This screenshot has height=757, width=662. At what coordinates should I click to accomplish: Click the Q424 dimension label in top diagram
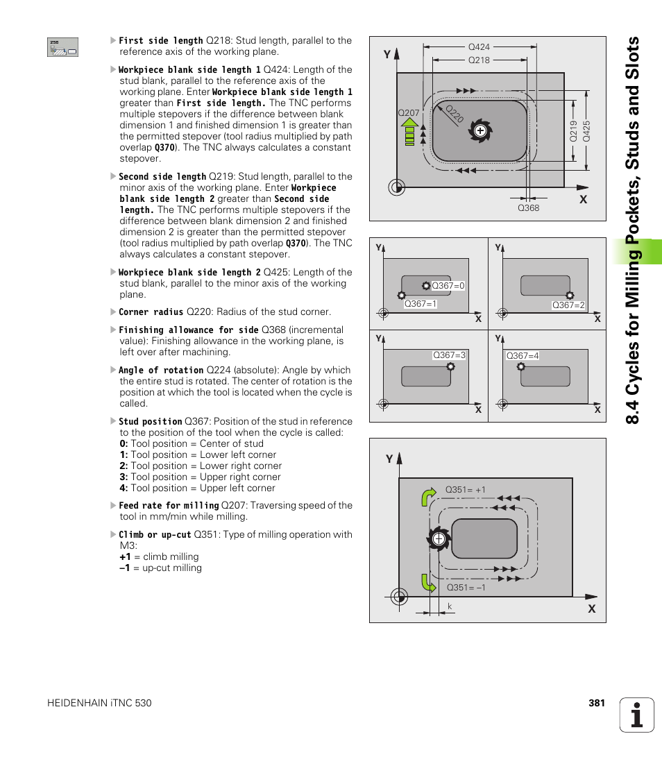tap(479, 47)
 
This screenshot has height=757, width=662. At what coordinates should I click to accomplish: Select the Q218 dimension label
tap(479, 60)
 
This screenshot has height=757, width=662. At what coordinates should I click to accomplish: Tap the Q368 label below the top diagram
tap(528, 208)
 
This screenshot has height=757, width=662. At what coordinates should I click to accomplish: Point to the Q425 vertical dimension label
tap(586, 132)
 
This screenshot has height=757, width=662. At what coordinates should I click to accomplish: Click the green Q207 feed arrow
tap(409, 130)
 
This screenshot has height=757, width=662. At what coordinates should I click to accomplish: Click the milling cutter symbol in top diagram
tap(479, 130)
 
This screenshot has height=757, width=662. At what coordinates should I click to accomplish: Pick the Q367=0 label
tap(448, 286)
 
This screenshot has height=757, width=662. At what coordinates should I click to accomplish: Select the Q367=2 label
tap(568, 305)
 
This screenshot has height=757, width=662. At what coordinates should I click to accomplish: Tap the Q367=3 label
tap(449, 355)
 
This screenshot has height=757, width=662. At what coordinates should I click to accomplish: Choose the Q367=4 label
tap(523, 356)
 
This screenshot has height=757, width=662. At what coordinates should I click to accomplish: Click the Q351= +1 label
tap(465, 490)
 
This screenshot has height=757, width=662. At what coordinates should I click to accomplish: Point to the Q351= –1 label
tap(466, 588)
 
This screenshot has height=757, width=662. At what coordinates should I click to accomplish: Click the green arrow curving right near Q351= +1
tap(429, 497)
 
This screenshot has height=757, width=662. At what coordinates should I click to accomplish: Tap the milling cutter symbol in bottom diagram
tap(438, 539)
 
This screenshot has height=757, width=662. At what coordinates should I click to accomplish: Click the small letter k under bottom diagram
tap(450, 607)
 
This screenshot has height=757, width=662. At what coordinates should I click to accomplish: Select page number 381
tap(597, 703)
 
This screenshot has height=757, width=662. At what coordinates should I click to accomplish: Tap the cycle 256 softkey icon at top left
tap(62, 47)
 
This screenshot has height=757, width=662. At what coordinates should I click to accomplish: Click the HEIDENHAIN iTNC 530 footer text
tap(99, 703)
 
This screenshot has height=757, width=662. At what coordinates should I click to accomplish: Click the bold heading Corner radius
tap(151, 312)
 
